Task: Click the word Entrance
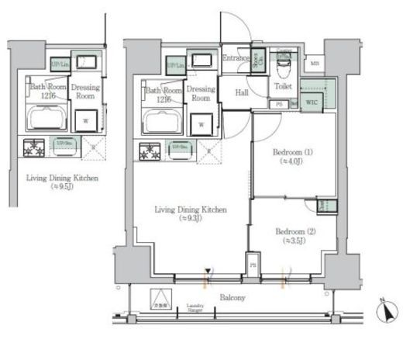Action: tap(235, 58)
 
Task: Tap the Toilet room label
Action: tap(283, 87)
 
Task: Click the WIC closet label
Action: tap(312, 102)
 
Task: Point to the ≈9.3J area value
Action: tap(191, 218)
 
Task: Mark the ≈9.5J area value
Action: tap(61, 187)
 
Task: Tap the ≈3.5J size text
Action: tap(293, 241)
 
